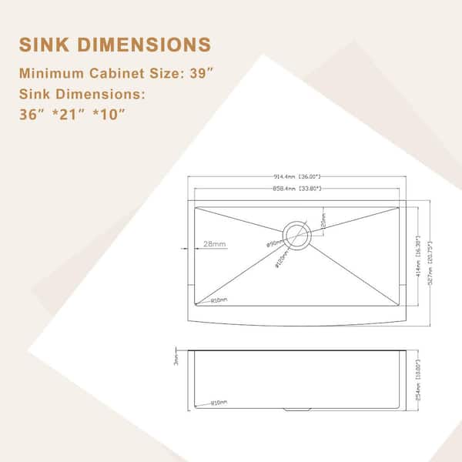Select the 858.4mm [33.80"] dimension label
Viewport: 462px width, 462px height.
[x=296, y=188]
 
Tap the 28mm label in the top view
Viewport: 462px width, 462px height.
[x=215, y=245]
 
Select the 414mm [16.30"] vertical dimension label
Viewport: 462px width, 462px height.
[x=417, y=247]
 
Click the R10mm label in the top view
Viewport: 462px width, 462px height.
[x=219, y=301]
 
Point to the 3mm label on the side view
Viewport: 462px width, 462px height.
[x=176, y=360]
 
